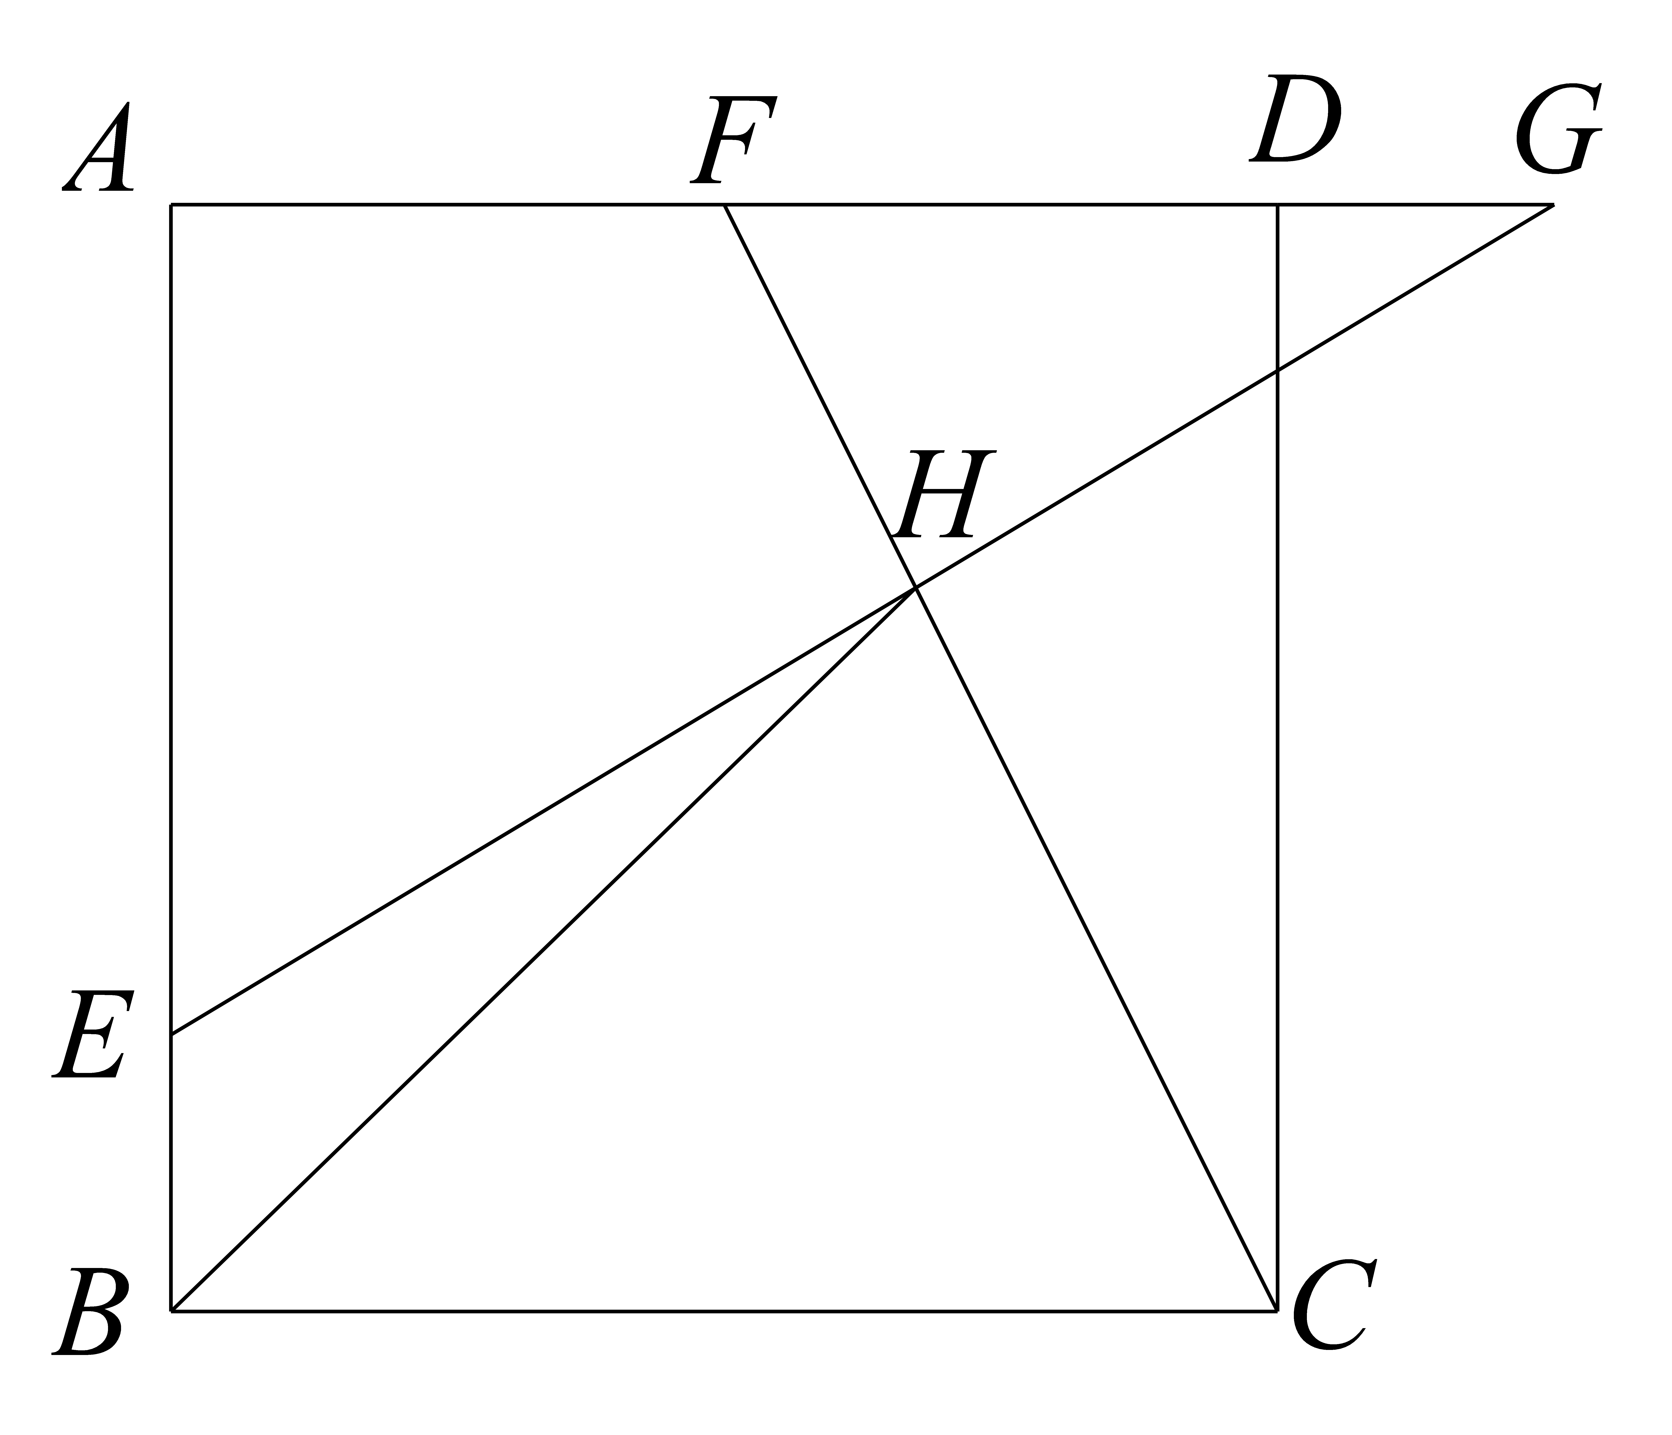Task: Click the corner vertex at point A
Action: click(x=171, y=205)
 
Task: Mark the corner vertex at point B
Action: click(x=171, y=1312)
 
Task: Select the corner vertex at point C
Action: click(x=1277, y=1312)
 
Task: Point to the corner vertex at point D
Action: click(x=1277, y=205)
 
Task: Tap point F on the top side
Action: click(x=724, y=205)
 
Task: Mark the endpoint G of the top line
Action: click(x=1553, y=205)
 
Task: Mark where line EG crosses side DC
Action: click(x=1277, y=370)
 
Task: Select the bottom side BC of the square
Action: click(x=724, y=1312)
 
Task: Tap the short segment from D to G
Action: click(x=1415, y=205)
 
